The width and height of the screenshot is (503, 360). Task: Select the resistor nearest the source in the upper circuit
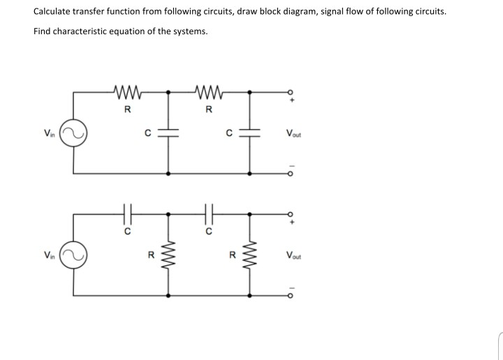126,91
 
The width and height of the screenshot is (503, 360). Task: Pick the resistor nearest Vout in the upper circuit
209,91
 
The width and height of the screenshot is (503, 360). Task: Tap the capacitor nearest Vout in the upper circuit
249,132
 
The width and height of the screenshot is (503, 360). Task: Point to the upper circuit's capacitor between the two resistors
168,132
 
